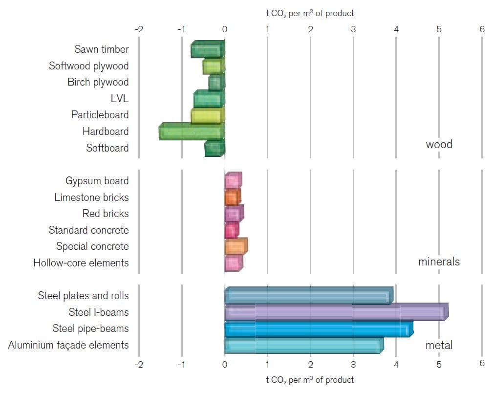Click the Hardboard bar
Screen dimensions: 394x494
coord(192,131)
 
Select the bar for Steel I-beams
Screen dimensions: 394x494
coord(336,312)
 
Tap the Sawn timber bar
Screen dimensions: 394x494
coord(208,49)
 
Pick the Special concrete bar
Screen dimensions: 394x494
coord(236,246)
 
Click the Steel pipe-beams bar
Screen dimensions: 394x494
coord(319,328)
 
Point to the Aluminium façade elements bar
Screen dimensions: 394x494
coord(303,345)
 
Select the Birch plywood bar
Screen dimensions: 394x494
coord(216,82)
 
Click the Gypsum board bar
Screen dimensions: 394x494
coord(233,181)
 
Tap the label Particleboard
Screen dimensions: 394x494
coord(100,115)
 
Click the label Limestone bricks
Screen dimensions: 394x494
coord(91,197)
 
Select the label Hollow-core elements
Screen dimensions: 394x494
coord(81,263)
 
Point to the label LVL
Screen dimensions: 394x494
coord(120,99)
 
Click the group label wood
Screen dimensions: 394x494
coord(439,144)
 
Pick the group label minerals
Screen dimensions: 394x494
coord(439,262)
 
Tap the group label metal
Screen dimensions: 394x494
coord(439,345)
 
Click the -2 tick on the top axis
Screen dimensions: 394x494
coord(139,29)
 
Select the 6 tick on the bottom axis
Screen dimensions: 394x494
coord(482,364)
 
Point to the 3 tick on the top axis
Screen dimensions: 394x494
coord(353,29)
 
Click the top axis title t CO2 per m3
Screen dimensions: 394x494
coord(310,14)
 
